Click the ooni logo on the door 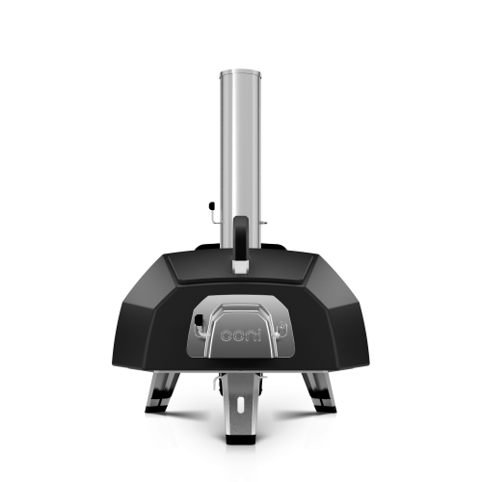coord(241,335)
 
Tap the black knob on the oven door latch coord(199,319)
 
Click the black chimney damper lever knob coord(211,205)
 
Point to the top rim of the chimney coord(240,71)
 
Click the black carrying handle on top coord(241,238)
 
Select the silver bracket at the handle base coord(241,267)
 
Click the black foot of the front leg coord(240,440)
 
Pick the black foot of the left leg coord(156,409)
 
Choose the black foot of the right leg coord(325,409)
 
